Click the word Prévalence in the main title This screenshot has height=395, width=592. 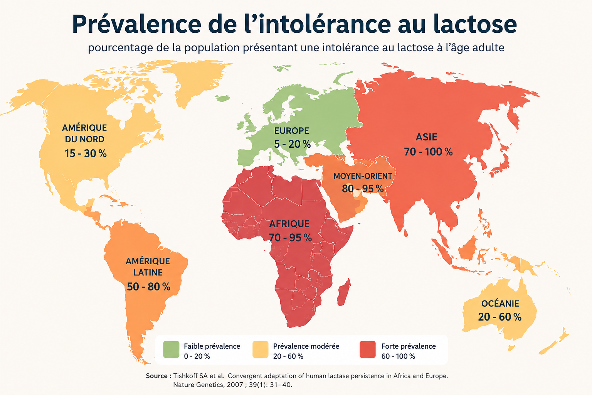(136, 24)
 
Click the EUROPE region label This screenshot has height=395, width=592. (291, 131)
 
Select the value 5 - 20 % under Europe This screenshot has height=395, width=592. (292, 144)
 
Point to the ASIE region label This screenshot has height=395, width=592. (426, 137)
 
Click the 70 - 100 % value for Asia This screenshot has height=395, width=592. (428, 152)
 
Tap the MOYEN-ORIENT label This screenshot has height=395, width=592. (363, 176)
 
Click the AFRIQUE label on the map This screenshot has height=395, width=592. (289, 224)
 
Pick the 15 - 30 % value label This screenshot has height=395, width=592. (86, 154)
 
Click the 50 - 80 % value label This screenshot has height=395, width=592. (148, 287)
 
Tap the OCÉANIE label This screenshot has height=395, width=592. (500, 304)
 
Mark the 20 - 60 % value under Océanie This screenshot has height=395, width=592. (499, 317)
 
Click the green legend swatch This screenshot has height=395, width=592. (171, 349)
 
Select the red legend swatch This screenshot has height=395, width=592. (368, 349)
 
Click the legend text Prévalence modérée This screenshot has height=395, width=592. (306, 346)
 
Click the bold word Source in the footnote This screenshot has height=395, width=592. (157, 376)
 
